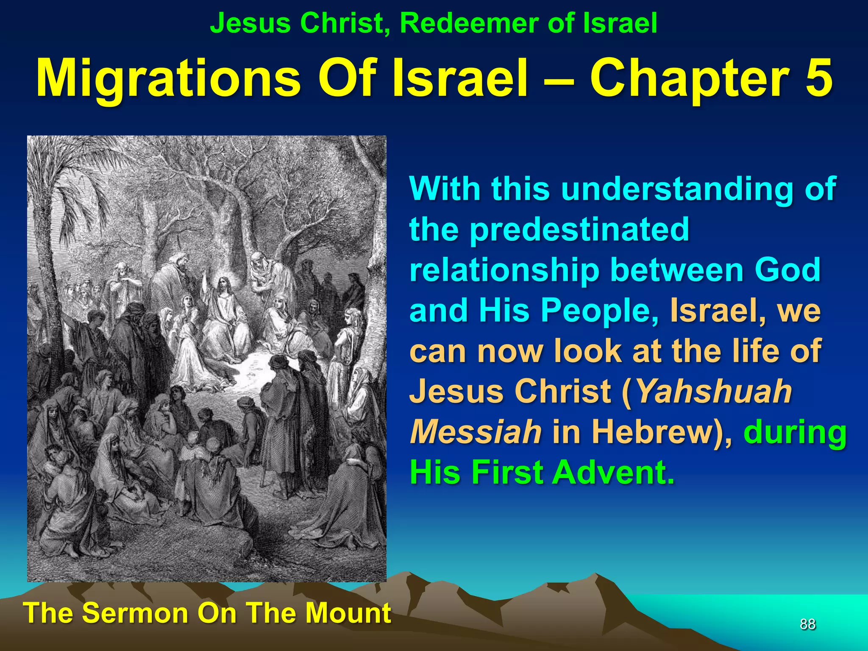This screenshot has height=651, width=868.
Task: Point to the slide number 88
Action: (x=807, y=624)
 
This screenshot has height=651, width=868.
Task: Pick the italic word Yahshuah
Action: (x=714, y=391)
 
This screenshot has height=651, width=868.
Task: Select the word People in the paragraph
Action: (x=600, y=311)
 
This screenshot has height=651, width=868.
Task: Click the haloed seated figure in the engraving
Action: (x=223, y=305)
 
